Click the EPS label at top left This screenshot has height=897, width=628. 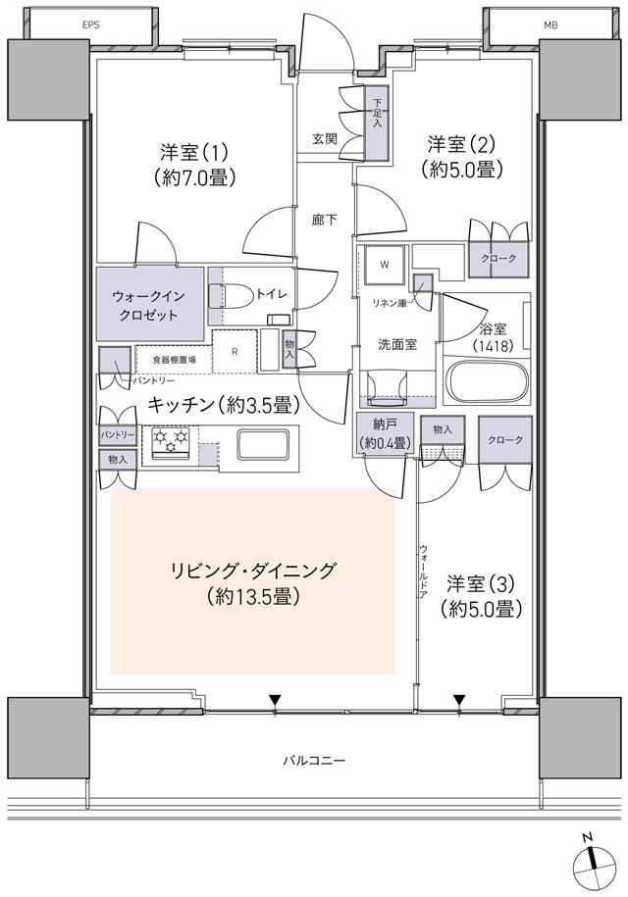tap(90, 23)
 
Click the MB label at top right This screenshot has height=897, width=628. tap(522, 23)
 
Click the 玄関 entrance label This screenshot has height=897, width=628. tap(325, 139)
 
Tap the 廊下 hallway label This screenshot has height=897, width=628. tap(325, 221)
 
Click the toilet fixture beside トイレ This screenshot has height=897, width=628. tap(233, 296)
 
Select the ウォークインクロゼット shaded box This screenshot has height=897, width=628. tap(150, 305)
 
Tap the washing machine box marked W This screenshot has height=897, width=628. tap(385, 265)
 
